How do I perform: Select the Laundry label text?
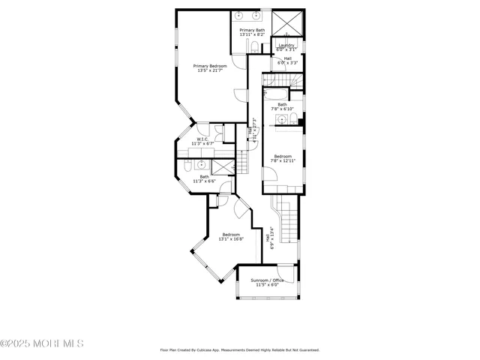[x=286, y=45]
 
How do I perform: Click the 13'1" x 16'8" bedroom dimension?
[x=229, y=239]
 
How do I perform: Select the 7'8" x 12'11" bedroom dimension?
[x=282, y=160]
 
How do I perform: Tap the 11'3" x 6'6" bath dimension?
[x=204, y=181]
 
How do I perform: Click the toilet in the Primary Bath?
[x=255, y=48]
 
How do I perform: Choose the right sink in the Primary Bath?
[x=256, y=15]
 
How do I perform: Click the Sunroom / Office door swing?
[x=283, y=271]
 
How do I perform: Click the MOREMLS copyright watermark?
[x=42, y=343]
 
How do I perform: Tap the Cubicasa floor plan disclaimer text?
[x=240, y=349]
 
